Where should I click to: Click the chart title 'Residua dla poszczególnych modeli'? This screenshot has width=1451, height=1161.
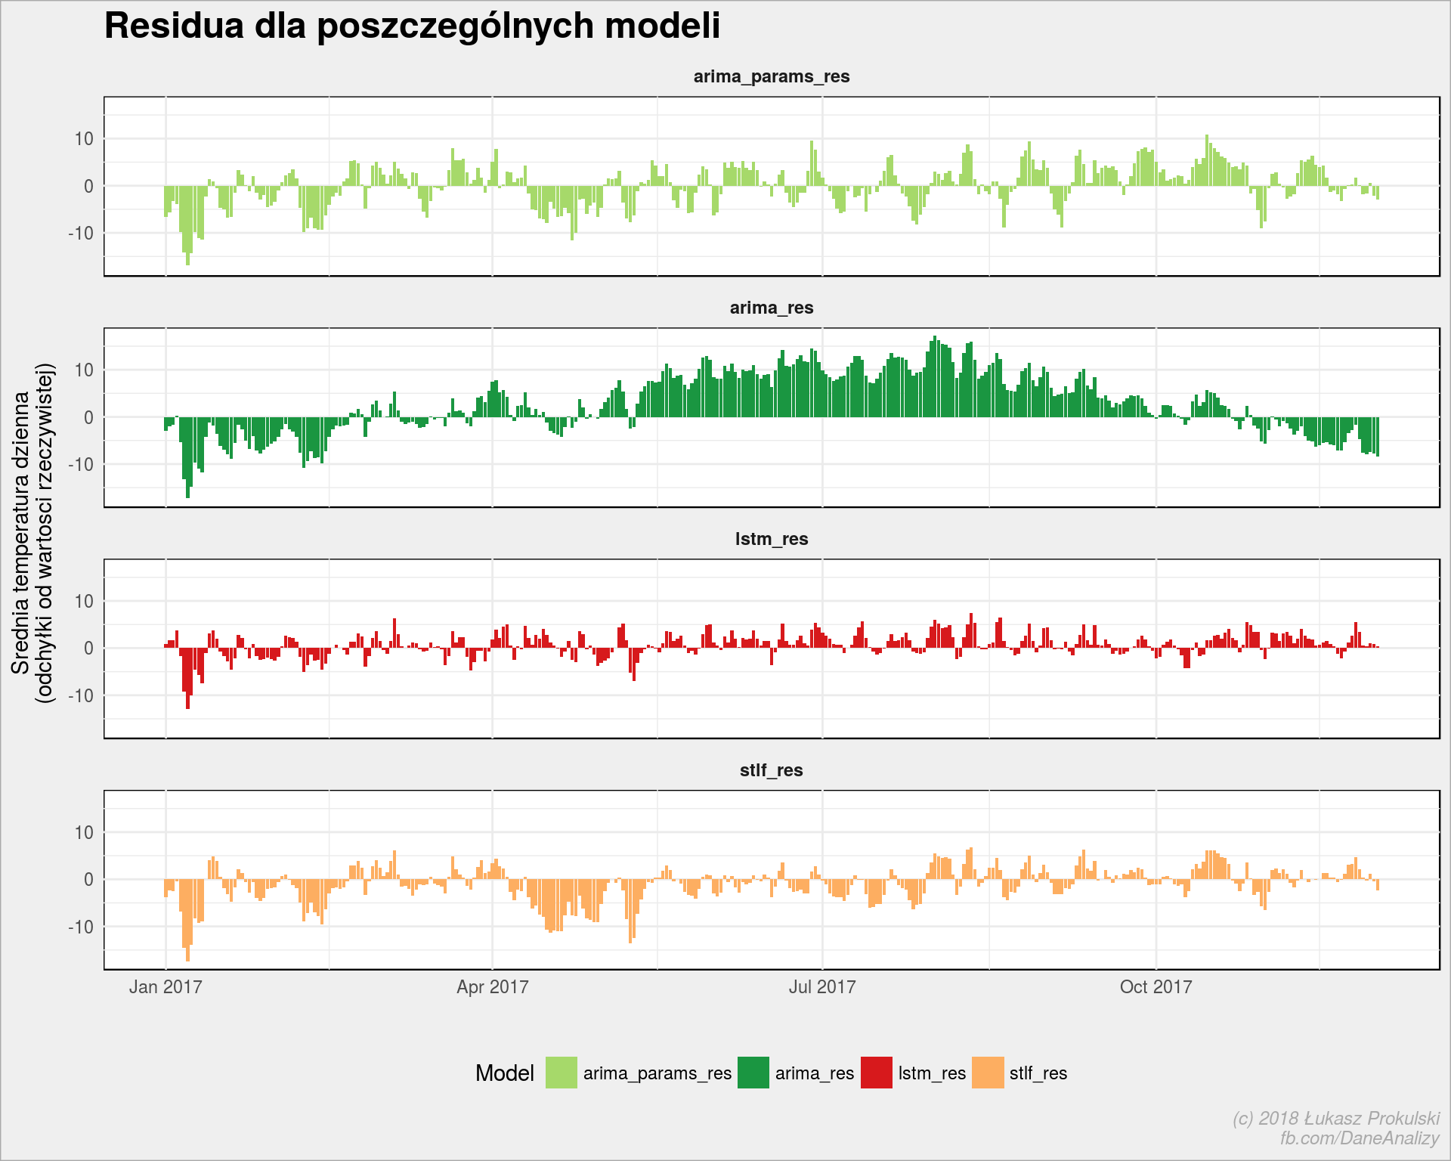[x=412, y=26]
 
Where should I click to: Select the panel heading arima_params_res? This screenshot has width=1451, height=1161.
[x=772, y=77]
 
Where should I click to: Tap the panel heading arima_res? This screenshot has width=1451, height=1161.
[x=772, y=308]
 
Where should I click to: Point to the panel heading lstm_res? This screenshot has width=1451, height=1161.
[x=772, y=539]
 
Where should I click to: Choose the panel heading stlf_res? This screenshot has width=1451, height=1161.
[x=772, y=770]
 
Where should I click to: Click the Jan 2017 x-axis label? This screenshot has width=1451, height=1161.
[x=166, y=987]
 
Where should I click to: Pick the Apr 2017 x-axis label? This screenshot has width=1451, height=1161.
[x=493, y=987]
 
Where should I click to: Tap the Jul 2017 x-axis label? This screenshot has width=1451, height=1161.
[x=822, y=987]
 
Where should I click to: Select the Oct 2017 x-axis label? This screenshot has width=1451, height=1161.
[x=1156, y=987]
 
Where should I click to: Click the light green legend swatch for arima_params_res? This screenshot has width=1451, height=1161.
[x=562, y=1073]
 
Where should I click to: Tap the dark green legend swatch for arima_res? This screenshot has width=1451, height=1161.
[x=753, y=1073]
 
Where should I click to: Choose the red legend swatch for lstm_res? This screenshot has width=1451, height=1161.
[x=877, y=1073]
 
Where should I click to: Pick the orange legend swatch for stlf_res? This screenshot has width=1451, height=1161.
[x=988, y=1073]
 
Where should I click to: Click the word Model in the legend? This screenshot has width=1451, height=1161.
[x=505, y=1073]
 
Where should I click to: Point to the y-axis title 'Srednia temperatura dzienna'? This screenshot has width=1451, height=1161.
[x=20, y=533]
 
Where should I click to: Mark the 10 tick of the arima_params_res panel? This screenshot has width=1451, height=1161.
[x=84, y=139]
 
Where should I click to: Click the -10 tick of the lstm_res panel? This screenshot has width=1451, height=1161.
[x=81, y=695]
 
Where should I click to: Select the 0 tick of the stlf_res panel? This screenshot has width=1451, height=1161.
[x=89, y=880]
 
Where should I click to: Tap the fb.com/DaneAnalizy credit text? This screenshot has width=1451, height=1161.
[x=1360, y=1138]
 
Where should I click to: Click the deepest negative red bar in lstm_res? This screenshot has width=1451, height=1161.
[x=188, y=678]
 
